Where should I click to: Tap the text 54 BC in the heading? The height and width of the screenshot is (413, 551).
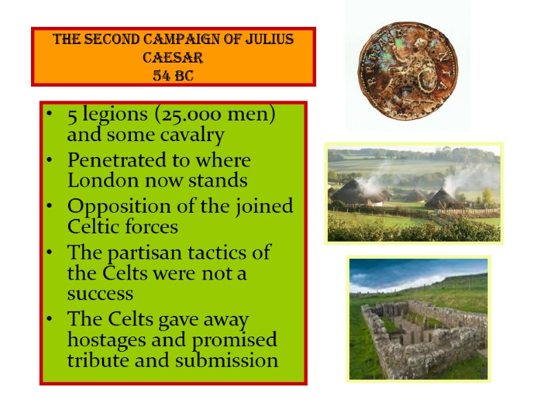(x=173, y=74)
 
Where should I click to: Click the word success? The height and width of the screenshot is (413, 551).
(x=100, y=294)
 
